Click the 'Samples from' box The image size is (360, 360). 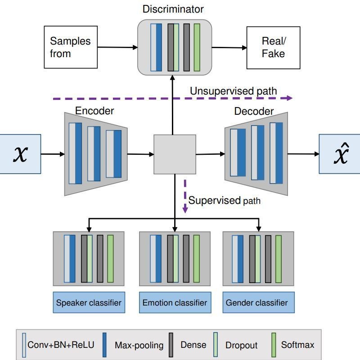[71, 47]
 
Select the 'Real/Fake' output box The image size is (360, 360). [273, 47]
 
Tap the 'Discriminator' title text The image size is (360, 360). [173, 9]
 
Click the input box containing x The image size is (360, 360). [20, 154]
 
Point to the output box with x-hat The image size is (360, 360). [340, 154]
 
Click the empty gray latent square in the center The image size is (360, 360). [175, 154]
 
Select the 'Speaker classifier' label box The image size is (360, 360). [89, 302]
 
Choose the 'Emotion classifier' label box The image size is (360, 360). [175, 302]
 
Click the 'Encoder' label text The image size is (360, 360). [94, 111]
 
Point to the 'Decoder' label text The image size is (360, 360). [254, 111]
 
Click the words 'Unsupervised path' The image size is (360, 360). [233, 91]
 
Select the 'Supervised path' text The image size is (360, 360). [224, 201]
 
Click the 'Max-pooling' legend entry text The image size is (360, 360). [139, 345]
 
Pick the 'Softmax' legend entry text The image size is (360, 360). [297, 345]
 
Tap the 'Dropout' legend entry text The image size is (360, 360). [241, 345]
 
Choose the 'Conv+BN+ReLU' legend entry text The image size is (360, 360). [61, 345]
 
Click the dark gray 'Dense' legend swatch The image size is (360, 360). [171, 345]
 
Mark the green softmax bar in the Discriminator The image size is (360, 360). [197, 47]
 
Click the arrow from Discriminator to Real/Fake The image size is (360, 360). [229, 47]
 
